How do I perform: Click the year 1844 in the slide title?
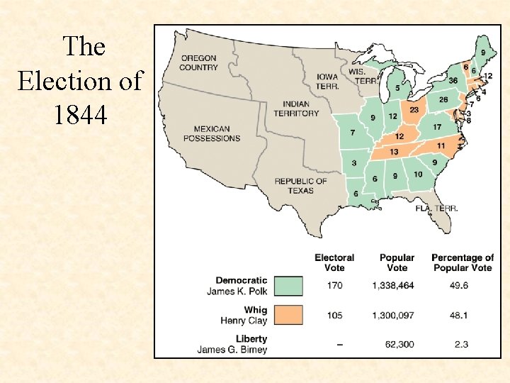80,113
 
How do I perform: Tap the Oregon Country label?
198,62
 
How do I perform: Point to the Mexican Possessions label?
212,134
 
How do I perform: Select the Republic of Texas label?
301,186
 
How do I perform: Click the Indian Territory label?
296,109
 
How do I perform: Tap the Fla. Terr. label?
436,209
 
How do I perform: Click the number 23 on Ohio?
414,110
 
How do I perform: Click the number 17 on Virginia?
437,127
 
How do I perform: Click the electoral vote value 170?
334,287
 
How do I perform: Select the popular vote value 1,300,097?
397,316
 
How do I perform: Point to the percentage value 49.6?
462,287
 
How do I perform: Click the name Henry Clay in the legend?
244,321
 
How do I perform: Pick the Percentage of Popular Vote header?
462,262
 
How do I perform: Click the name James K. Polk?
237,292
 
